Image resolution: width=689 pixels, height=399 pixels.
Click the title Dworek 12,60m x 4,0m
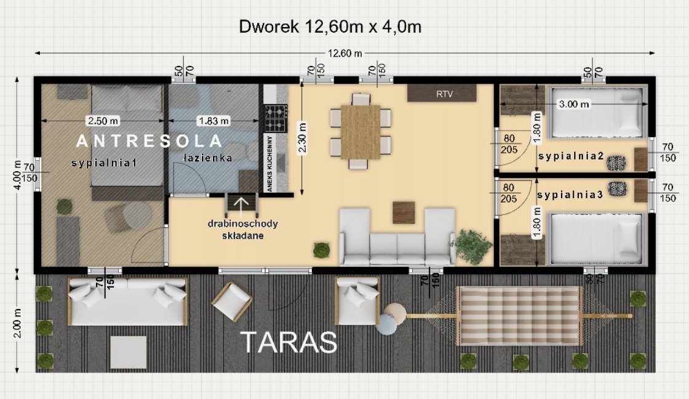330,27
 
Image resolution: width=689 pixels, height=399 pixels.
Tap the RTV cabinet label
444,94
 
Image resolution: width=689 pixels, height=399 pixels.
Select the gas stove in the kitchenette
276,118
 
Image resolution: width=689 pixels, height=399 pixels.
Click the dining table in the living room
360,132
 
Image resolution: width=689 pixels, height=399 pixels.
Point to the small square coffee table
404,212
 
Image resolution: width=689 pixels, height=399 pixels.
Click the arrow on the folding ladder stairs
241,204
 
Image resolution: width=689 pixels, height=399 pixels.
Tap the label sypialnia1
105,163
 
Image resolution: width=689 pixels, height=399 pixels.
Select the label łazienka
207,158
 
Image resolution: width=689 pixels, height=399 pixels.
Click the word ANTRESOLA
149,141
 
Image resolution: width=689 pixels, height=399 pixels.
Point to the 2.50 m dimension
103,121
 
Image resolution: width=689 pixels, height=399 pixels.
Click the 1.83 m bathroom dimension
214,121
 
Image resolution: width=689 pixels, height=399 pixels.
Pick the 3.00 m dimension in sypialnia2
573,104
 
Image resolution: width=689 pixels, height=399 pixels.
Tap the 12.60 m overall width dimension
345,53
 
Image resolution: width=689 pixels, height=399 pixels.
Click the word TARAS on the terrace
289,342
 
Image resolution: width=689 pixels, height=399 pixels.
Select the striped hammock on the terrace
520,315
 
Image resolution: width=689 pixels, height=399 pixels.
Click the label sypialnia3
570,195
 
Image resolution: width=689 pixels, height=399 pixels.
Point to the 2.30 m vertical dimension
302,138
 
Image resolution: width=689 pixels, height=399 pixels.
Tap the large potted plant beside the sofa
471,246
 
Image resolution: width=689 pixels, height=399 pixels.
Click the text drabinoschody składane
243,230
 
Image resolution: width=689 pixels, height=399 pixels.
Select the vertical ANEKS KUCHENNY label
270,163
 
